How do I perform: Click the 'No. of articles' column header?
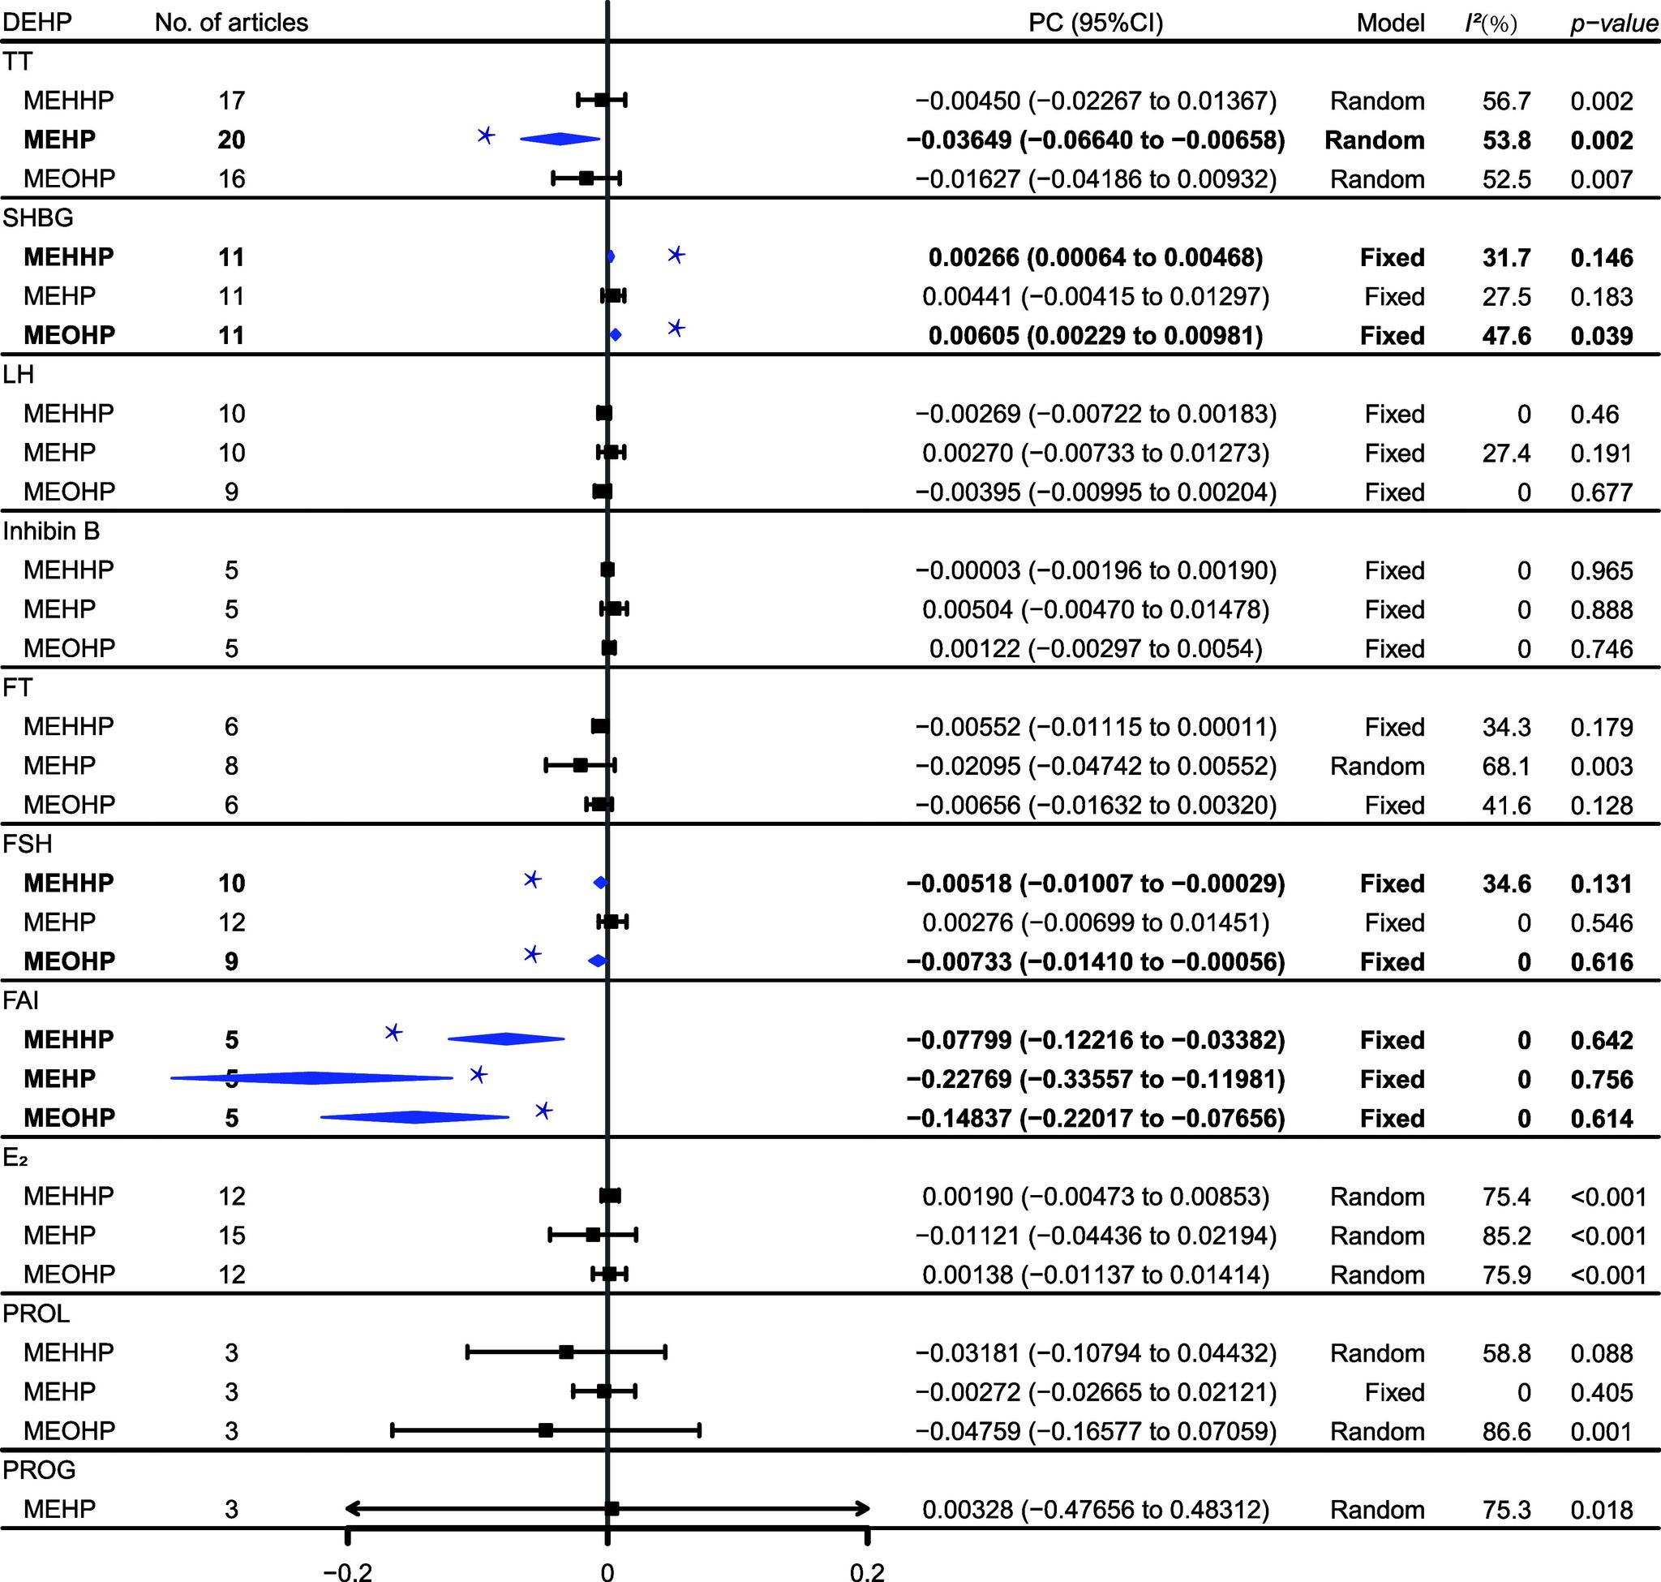(x=231, y=22)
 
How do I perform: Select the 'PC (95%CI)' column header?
(x=1095, y=22)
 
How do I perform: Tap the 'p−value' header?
(x=1613, y=23)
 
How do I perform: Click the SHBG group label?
(x=38, y=217)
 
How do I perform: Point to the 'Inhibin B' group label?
(x=50, y=531)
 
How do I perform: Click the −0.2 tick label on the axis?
(x=347, y=1571)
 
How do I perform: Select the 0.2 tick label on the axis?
(x=867, y=1571)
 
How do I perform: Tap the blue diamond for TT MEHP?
(x=560, y=140)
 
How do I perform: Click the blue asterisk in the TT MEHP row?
(x=486, y=135)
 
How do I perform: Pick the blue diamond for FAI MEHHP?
(x=506, y=1039)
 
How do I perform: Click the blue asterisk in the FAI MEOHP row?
(x=544, y=1111)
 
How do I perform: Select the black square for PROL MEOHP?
(x=546, y=1430)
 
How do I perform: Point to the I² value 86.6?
(x=1506, y=1431)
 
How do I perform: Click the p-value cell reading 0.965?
(x=1601, y=571)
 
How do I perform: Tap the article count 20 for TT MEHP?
(x=231, y=140)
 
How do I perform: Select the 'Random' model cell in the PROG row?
(x=1377, y=1510)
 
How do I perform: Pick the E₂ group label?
(x=15, y=1157)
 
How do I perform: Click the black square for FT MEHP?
(x=580, y=765)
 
